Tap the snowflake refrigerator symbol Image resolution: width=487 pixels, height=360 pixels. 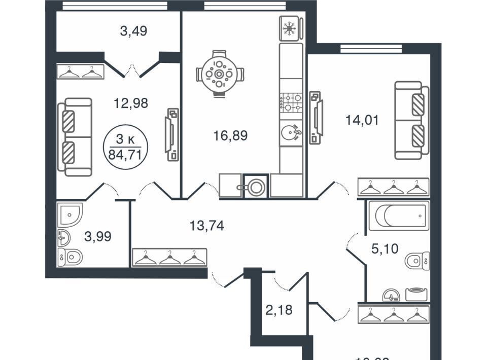pos(290,28)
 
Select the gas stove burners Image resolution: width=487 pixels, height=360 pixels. pos(291,102)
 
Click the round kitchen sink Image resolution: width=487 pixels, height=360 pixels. pos(291,133)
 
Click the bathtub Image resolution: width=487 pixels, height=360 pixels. pos(398,217)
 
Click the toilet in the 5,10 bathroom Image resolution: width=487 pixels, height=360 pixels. pos(418,262)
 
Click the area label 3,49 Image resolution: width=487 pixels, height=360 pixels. pos(133,31)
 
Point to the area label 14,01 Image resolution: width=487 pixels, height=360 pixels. pos(362,121)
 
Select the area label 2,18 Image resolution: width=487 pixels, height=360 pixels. pos(279,309)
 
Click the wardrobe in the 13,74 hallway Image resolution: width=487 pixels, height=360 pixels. pos(169,258)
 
